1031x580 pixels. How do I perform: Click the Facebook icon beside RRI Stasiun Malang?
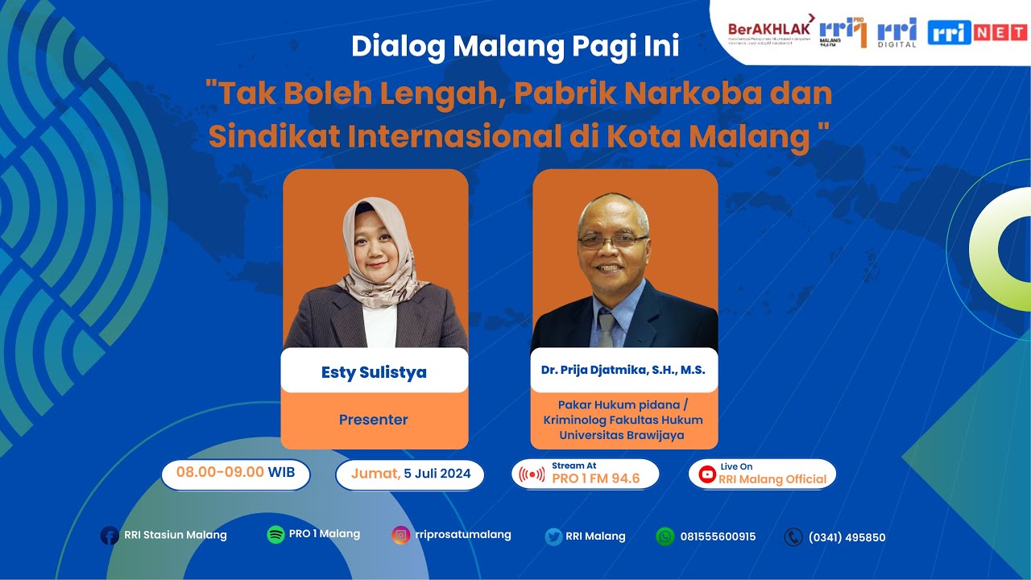click(x=110, y=536)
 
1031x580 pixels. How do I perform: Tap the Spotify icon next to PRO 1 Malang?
click(x=275, y=535)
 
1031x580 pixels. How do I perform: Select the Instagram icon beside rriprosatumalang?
click(x=400, y=535)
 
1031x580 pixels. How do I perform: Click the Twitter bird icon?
click(x=553, y=536)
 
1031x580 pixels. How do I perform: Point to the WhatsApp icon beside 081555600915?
click(x=665, y=536)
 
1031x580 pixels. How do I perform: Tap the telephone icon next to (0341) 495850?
click(x=793, y=537)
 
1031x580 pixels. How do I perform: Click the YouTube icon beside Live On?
click(x=707, y=474)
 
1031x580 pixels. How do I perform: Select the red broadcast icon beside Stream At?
click(x=532, y=474)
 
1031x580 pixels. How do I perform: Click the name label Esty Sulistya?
click(x=374, y=372)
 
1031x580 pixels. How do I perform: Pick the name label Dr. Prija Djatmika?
click(x=623, y=371)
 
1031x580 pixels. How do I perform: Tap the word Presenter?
click(x=374, y=420)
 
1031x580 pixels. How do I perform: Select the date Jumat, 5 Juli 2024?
click(x=410, y=474)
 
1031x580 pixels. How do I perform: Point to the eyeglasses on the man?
click(x=613, y=239)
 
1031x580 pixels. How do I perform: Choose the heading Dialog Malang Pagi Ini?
click(x=515, y=47)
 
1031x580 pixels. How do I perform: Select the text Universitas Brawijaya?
click(x=624, y=436)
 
